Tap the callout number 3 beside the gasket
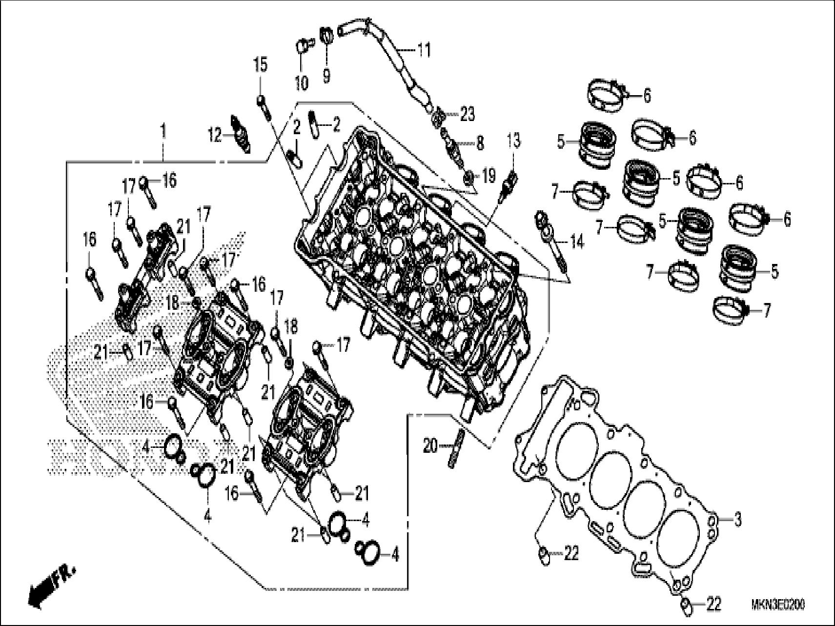[x=737, y=520]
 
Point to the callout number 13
[x=514, y=141]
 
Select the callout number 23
[x=467, y=115]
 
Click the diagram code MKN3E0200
[x=778, y=605]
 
